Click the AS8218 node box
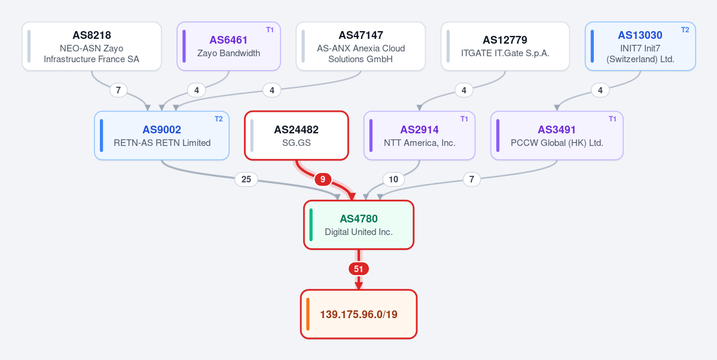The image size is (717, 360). (x=91, y=46)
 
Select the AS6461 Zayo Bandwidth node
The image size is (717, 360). (x=228, y=46)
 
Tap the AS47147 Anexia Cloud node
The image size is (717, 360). (x=361, y=46)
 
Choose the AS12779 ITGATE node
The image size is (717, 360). (x=505, y=46)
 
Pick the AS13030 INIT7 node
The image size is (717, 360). (x=640, y=46)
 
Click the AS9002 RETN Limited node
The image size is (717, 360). (x=162, y=135)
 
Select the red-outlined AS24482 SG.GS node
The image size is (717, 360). (x=297, y=135)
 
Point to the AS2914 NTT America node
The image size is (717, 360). (x=419, y=135)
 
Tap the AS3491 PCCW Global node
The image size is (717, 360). (x=557, y=135)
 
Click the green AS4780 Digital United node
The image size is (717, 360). (x=359, y=225)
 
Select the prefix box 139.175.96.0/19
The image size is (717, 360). (x=359, y=315)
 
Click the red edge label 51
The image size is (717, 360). (x=359, y=269)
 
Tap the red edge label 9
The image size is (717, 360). (x=323, y=179)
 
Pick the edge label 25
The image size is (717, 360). (x=246, y=179)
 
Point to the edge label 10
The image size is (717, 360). (x=393, y=179)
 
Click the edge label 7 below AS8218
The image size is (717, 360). (x=118, y=90)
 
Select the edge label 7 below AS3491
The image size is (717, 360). (x=472, y=179)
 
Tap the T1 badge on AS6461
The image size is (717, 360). (x=270, y=30)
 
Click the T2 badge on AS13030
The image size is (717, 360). (x=685, y=30)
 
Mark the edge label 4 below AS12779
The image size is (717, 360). (x=464, y=90)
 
